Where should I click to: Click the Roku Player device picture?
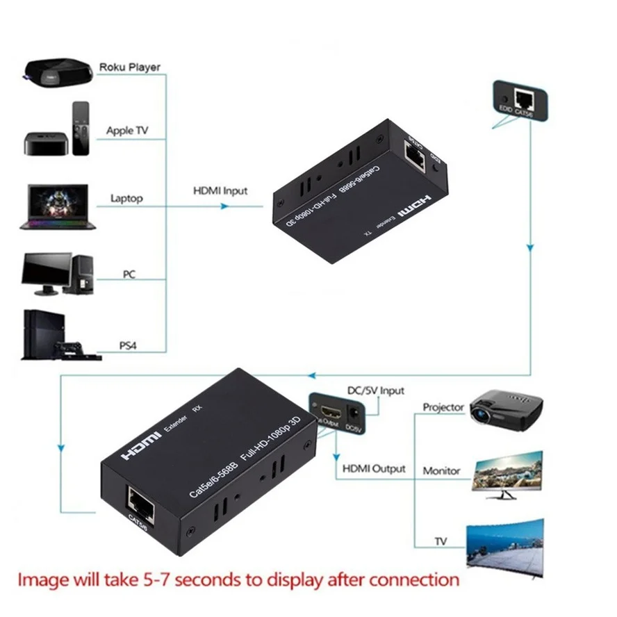point(58,71)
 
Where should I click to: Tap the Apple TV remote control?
point(81,129)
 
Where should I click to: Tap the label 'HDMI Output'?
point(374,469)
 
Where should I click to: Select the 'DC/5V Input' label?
point(375,391)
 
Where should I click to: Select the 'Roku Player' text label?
point(129,67)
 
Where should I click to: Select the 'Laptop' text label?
point(126,199)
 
